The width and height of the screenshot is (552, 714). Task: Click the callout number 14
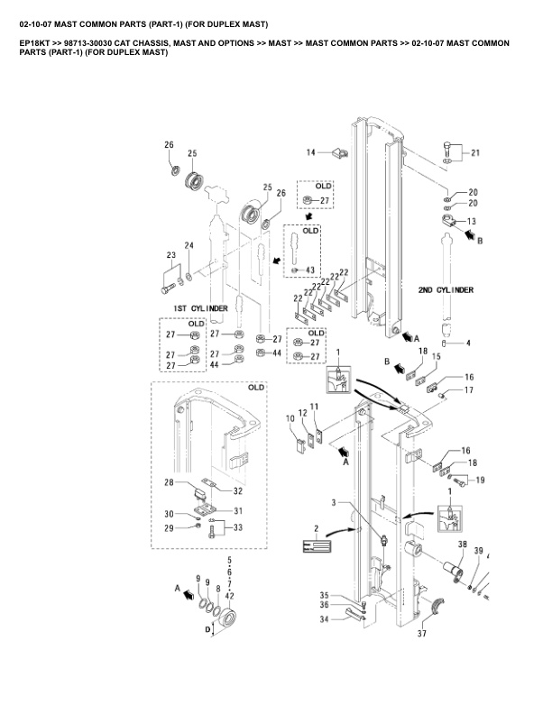(310, 152)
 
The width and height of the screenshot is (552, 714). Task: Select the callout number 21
(475, 153)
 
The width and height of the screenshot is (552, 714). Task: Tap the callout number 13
(472, 221)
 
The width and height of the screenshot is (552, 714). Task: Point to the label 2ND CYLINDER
(446, 290)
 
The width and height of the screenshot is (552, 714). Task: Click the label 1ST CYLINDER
(200, 308)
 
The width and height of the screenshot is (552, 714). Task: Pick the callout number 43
(309, 270)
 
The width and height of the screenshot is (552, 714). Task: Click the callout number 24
(189, 245)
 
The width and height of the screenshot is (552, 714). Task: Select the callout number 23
(170, 255)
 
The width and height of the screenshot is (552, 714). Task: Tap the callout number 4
(468, 343)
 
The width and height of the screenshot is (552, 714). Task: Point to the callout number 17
(469, 389)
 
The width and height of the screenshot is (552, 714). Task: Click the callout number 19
(480, 480)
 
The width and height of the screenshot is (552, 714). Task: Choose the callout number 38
(463, 544)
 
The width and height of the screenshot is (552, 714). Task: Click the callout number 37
(422, 633)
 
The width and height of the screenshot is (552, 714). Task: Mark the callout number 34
(324, 619)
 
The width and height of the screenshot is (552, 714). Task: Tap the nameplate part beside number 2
(317, 545)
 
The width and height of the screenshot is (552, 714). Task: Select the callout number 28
(169, 482)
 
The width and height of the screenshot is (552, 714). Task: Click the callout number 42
(229, 596)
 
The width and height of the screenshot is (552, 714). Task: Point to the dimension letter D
(207, 630)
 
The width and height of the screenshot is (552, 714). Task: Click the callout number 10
(290, 418)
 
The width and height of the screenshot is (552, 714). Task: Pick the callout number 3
(334, 503)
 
